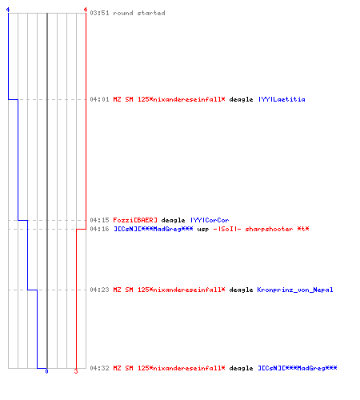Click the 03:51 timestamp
[x=99, y=13]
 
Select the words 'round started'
[x=139, y=13]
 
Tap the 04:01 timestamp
[x=99, y=99]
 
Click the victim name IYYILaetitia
[x=282, y=99]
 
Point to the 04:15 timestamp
[x=99, y=220]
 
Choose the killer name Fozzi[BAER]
[x=135, y=220]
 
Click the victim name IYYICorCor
[x=210, y=220]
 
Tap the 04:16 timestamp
[x=99, y=229]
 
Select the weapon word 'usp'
[x=203, y=230]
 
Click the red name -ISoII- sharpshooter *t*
[x=261, y=229]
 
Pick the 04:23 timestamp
[x=99, y=290]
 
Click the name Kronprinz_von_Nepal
[x=295, y=290]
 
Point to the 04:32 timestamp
[x=99, y=368]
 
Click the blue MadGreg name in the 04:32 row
[x=298, y=368]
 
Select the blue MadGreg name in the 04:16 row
[x=154, y=229]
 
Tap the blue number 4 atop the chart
[x=8, y=10]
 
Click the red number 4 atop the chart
[x=86, y=10]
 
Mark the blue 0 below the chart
[x=46, y=371]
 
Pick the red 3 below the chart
[x=76, y=371]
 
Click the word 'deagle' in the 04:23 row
[x=241, y=290]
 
